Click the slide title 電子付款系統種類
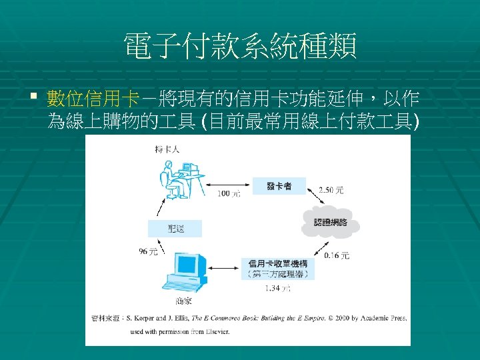[240, 47]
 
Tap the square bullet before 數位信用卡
[34, 99]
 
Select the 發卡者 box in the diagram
[279, 186]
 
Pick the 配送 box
[175, 229]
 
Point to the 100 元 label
[229, 194]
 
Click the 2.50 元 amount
[331, 191]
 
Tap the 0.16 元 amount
[337, 255]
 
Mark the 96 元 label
[148, 251]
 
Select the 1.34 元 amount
[278, 288]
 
